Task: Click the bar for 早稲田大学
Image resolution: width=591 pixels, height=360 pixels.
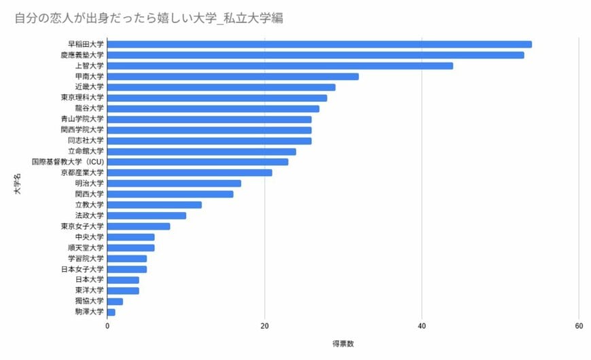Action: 319,44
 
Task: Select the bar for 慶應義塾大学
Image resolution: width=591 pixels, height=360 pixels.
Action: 315,55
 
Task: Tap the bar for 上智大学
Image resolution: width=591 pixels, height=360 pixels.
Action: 280,66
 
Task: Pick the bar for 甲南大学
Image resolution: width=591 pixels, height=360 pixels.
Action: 232,77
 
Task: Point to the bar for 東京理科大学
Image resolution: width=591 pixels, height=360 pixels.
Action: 217,98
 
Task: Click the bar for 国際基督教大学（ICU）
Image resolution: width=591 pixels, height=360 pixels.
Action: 198,162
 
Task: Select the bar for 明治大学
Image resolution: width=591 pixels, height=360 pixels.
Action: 174,183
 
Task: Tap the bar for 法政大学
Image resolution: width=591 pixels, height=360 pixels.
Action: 146,215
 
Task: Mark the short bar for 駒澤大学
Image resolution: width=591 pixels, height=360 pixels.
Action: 111,312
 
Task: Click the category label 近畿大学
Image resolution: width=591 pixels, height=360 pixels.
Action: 90,87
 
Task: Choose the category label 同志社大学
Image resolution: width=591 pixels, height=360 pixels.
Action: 86,141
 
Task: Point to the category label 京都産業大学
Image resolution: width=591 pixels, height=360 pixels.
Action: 82,173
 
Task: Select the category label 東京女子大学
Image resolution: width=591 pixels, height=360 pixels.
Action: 82,226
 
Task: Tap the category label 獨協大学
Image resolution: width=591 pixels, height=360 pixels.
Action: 90,301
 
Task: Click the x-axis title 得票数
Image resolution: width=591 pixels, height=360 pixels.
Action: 343,343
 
